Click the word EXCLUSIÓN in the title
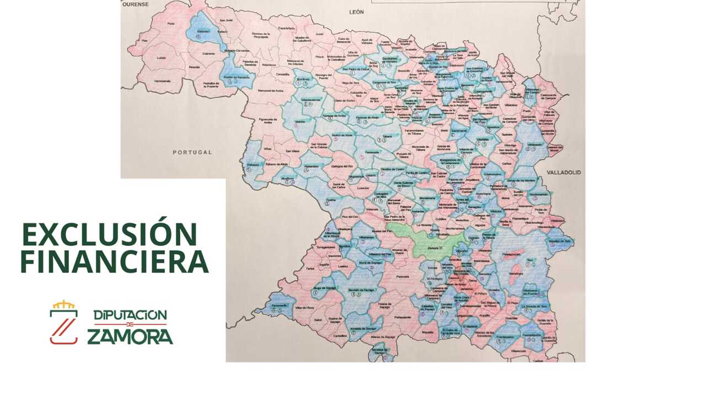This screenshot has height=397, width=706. (109, 234)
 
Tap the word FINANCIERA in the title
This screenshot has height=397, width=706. (114, 262)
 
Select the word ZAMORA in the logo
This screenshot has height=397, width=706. (130, 336)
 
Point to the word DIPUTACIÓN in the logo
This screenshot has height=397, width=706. (130, 315)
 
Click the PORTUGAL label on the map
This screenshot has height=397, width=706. (192, 152)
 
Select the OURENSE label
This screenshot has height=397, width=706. (135, 4)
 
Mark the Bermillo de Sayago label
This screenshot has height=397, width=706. (361, 289)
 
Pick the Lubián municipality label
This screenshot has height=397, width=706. (161, 57)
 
